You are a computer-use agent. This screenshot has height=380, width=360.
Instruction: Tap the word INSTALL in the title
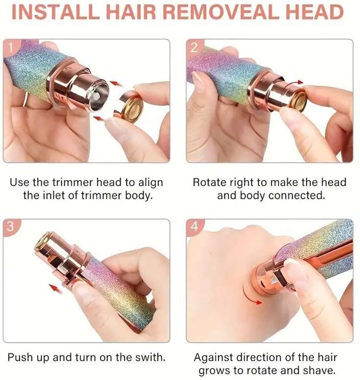click(56, 12)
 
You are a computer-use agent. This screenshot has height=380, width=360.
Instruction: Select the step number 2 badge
click(194, 47)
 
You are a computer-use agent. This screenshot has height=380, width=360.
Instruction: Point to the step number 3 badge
click(10, 227)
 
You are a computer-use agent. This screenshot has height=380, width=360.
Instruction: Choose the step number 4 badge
click(194, 227)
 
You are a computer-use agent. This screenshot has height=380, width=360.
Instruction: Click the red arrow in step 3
click(55, 288)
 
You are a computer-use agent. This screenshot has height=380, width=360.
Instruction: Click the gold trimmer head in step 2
click(298, 100)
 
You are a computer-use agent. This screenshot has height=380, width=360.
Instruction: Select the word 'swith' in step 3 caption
click(150, 357)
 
